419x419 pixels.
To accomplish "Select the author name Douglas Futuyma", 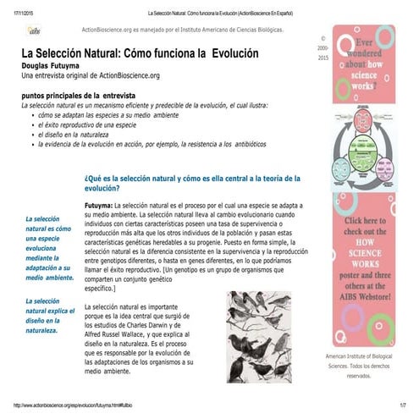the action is click(56, 65).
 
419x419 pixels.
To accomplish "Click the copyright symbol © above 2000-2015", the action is click(322, 39).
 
